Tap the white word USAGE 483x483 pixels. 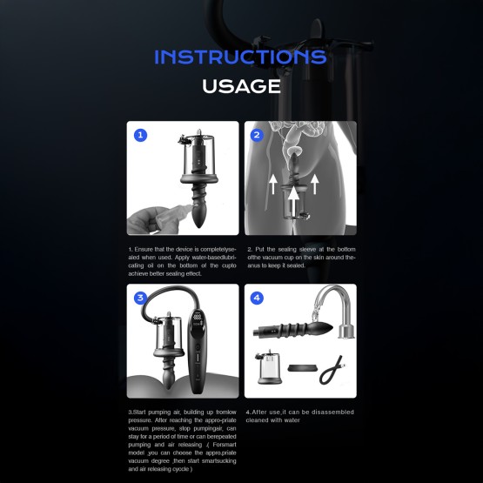click(x=241, y=86)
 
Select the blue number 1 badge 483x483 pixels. click(x=140, y=136)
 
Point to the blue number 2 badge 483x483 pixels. click(x=257, y=136)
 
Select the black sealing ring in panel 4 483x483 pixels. click(x=300, y=368)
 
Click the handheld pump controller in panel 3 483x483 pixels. click(x=198, y=348)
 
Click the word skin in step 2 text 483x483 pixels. click(x=324, y=258)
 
